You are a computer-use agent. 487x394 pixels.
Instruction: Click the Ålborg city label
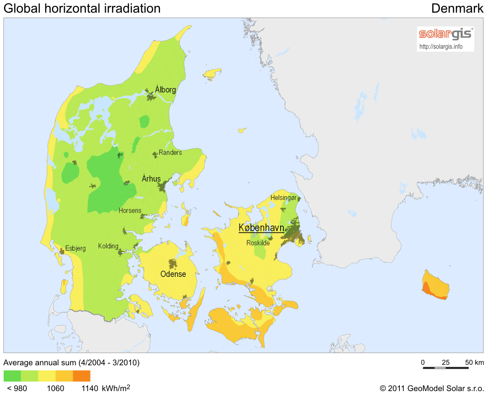[x=166, y=90]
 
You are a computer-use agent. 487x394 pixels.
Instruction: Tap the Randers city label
[x=170, y=152]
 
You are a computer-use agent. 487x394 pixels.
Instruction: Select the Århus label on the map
[x=151, y=179]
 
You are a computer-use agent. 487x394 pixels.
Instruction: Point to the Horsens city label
[x=130, y=211]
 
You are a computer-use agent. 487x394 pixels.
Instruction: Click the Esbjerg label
[x=75, y=248]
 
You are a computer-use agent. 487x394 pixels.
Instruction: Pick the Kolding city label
[x=108, y=246]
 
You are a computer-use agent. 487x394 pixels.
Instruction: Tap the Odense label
[x=173, y=274]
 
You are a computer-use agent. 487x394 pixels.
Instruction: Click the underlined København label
[x=262, y=228]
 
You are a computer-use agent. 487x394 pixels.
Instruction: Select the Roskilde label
[x=258, y=243]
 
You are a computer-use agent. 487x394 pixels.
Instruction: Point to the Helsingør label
[x=283, y=198]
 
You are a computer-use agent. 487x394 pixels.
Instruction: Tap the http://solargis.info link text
[x=440, y=47]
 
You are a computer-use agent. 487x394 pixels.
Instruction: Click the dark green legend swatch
[x=12, y=375]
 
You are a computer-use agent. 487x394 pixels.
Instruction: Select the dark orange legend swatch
[x=82, y=375]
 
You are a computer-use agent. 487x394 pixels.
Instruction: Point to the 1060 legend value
[x=56, y=388]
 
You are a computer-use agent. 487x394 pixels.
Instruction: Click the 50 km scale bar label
[x=474, y=362]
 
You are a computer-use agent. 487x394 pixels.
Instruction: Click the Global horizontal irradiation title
[x=82, y=8]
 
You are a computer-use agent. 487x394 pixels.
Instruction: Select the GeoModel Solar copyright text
[x=431, y=388]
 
